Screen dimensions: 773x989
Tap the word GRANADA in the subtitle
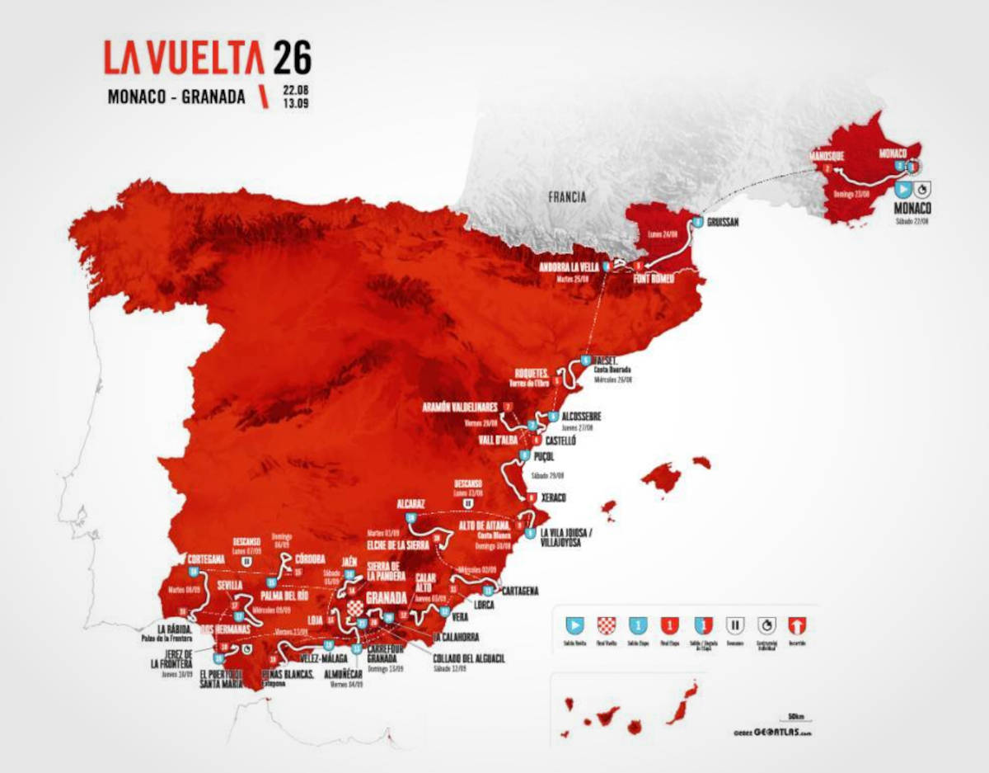coord(213,97)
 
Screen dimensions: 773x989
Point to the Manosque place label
coord(827,153)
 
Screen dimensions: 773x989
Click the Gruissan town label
coord(724,221)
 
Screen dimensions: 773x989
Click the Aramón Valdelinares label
coord(459,408)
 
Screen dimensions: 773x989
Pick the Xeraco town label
coord(557,498)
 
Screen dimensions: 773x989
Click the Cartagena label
coord(520,591)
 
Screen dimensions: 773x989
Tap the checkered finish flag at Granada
coord(354,610)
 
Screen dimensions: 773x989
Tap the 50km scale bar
coord(795,719)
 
